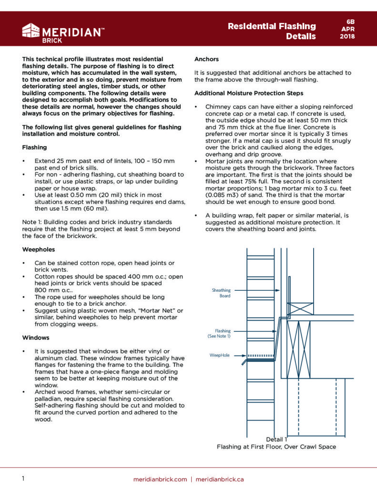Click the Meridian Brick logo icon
pos(31,31)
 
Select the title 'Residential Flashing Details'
pos(272,31)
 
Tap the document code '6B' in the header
pos(350,21)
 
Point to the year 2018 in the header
pos(350,37)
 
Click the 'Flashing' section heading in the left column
pos(35,148)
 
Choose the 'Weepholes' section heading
pos(39,249)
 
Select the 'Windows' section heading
pos(35,338)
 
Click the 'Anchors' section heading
pos(207,59)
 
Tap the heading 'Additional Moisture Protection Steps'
pos(249,93)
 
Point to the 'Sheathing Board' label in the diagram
pos(221,293)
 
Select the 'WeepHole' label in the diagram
pos(220,355)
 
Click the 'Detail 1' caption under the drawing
pos(276,439)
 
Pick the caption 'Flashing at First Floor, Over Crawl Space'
pos(276,447)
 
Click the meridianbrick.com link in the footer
pos(160,479)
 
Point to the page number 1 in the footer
pos(23,478)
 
